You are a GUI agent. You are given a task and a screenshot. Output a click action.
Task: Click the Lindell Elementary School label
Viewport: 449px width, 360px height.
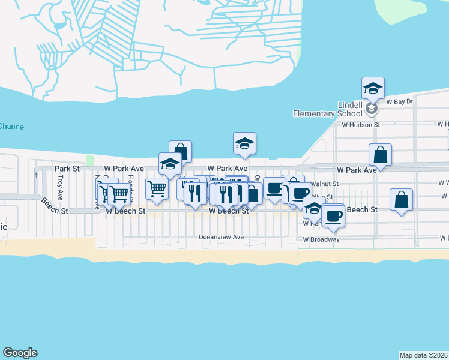(327, 108)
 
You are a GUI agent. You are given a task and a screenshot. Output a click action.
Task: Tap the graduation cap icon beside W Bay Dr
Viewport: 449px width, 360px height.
(373, 89)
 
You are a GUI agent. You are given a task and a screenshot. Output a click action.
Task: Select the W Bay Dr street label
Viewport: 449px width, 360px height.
(400, 102)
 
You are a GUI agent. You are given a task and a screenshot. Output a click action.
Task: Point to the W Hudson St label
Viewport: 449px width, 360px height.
(361, 125)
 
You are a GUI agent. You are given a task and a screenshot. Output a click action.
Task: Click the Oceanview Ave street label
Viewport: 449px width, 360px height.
(221, 237)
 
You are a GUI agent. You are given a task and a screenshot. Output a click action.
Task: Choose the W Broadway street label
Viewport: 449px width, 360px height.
(321, 239)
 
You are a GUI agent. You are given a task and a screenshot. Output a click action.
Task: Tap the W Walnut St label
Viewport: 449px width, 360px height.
(324, 184)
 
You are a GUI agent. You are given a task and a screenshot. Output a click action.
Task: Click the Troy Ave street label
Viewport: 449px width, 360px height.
(60, 188)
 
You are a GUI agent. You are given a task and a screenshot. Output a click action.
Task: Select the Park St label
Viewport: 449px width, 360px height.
(67, 169)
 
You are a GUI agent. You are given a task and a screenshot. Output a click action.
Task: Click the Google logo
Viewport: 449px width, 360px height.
(20, 353)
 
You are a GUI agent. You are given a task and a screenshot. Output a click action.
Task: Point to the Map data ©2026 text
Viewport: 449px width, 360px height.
(424, 355)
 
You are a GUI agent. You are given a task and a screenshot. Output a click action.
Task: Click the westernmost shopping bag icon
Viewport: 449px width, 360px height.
(180, 152)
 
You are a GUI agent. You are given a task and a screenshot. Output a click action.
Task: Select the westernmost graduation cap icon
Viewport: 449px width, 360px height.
(170, 164)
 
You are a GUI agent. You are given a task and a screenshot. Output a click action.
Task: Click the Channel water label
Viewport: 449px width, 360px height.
(12, 127)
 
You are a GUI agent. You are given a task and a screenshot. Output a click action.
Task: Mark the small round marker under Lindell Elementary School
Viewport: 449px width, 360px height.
(372, 110)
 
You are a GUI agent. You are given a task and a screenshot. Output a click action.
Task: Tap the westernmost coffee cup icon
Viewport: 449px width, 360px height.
(274, 188)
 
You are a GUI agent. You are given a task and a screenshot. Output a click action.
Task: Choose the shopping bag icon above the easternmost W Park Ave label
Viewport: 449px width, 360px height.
(381, 155)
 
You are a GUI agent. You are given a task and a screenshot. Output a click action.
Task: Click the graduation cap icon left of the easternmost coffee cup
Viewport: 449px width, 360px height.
(313, 208)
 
